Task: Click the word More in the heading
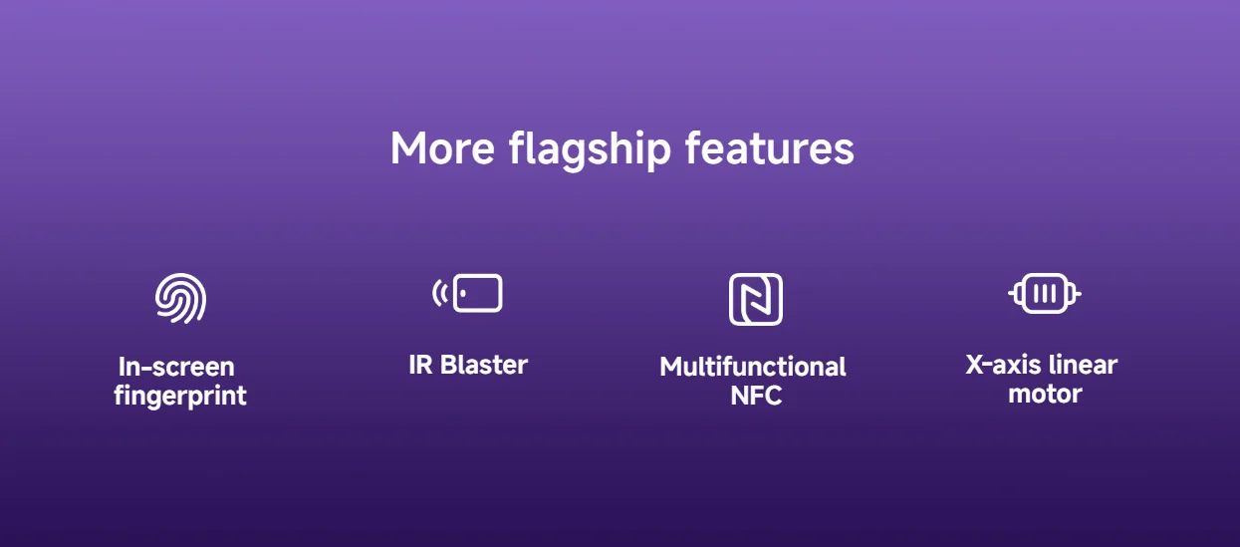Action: coord(442,148)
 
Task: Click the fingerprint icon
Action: coord(180,298)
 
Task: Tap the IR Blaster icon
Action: coord(468,294)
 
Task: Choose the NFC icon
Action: coord(756,299)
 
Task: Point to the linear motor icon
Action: coord(1044,294)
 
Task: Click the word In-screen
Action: coord(176,366)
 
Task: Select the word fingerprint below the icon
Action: coord(180,397)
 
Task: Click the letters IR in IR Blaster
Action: coord(420,365)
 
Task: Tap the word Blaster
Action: coord(484,365)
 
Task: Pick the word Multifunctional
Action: coord(753,367)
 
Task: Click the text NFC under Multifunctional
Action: coord(756,396)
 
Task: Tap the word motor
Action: coord(1045,394)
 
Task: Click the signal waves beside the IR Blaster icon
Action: coord(439,294)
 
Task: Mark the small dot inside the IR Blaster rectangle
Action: coord(463,294)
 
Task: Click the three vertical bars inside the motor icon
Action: coord(1044,294)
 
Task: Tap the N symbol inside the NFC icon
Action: coord(756,299)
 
